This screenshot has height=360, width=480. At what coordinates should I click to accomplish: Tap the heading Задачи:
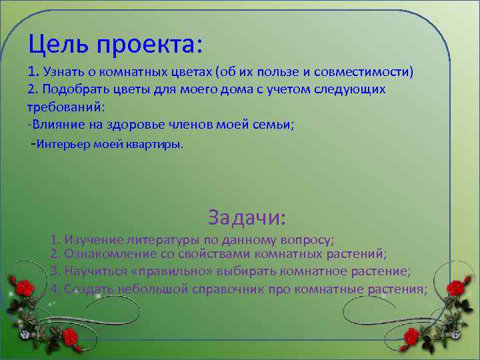click(247, 217)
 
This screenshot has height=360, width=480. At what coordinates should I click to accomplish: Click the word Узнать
click(65, 71)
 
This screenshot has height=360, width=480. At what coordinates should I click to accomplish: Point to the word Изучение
click(92, 239)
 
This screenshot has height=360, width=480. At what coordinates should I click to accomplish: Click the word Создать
click(89, 289)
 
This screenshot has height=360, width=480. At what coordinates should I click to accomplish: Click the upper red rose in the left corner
click(25, 288)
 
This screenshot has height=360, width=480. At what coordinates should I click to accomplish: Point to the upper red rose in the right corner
click(455, 288)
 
